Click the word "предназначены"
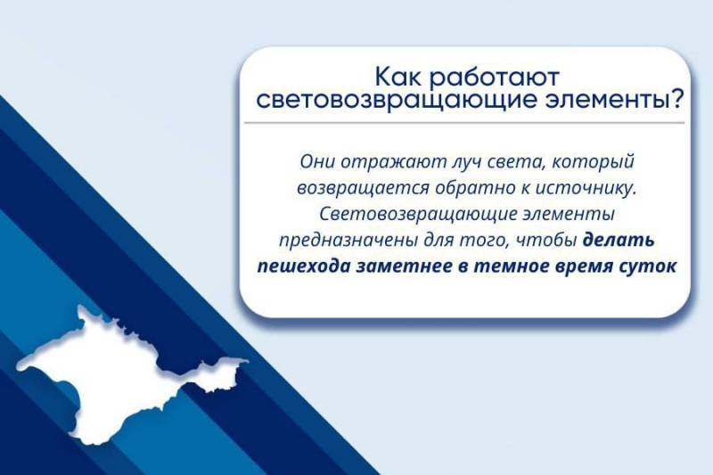coord(337,241)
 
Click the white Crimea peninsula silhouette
coord(107,374)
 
